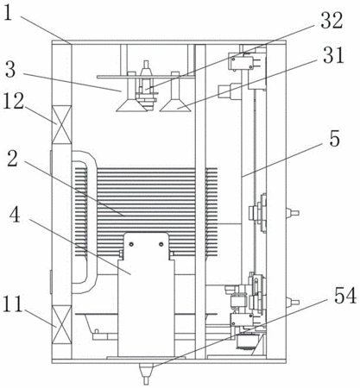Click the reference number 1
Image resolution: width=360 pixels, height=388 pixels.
(9, 13)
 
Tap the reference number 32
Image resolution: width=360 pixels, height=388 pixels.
(332, 21)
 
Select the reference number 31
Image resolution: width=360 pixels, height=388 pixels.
(333, 55)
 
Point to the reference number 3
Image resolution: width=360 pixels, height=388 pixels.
(10, 70)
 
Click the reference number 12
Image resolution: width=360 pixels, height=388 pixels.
(13, 101)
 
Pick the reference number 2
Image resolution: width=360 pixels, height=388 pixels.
(12, 160)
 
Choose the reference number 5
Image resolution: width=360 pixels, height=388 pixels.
(334, 139)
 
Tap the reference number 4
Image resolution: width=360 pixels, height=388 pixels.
(15, 216)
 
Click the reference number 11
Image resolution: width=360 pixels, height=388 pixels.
(13, 304)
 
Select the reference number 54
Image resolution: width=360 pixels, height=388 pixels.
(345, 296)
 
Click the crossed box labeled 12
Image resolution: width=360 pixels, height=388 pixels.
(61, 124)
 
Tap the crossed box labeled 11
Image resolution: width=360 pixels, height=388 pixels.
(61, 324)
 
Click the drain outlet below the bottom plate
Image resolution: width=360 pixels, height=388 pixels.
(147, 373)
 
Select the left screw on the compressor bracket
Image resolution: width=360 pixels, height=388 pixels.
(131, 244)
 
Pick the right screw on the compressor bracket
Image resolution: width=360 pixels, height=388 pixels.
(161, 244)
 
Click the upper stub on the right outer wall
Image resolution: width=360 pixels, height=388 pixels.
(293, 213)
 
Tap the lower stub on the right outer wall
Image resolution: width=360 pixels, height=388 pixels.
(293, 303)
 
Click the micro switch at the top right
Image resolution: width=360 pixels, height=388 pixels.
(242, 61)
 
